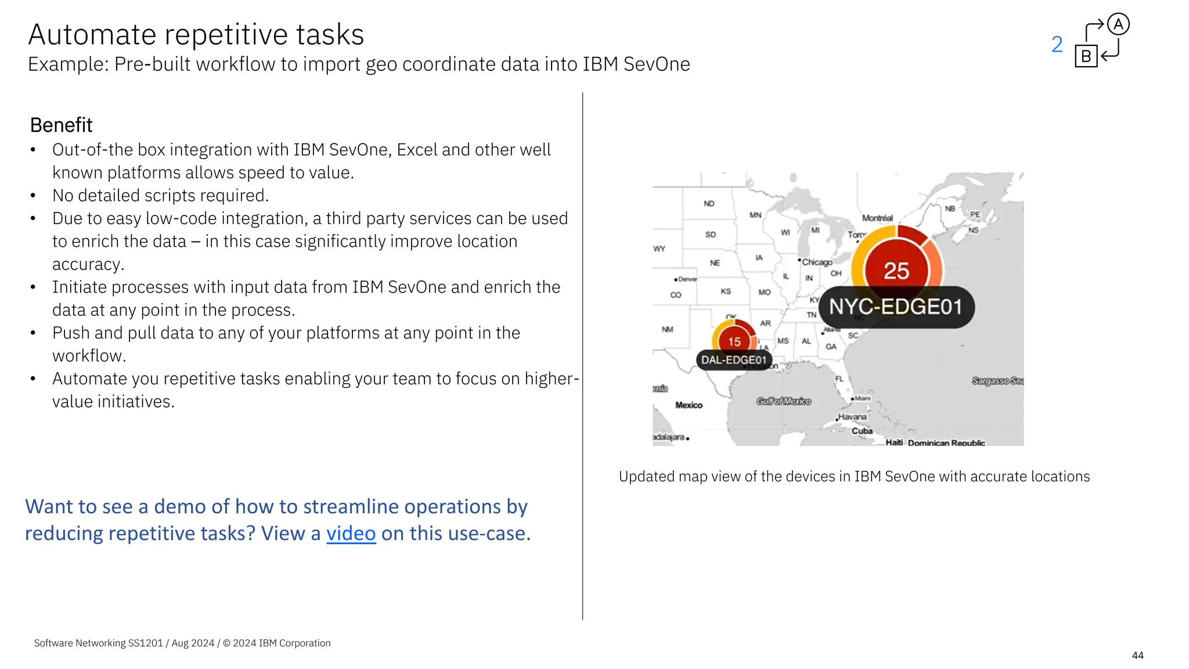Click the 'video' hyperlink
click(351, 533)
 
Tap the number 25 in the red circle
click(896, 271)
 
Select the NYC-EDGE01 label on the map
click(896, 307)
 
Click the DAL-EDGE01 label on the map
click(734, 360)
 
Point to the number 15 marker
click(734, 342)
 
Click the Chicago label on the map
click(817, 262)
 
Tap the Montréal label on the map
click(877, 218)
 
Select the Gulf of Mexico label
click(783, 401)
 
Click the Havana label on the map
click(852, 417)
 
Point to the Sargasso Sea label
click(997, 381)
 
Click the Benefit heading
click(61, 125)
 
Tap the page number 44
click(1137, 655)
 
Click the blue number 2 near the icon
click(1057, 45)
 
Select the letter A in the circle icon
click(1118, 24)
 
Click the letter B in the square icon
click(1086, 56)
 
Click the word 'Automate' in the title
click(92, 34)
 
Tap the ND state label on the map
click(709, 204)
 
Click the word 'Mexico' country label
click(689, 405)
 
